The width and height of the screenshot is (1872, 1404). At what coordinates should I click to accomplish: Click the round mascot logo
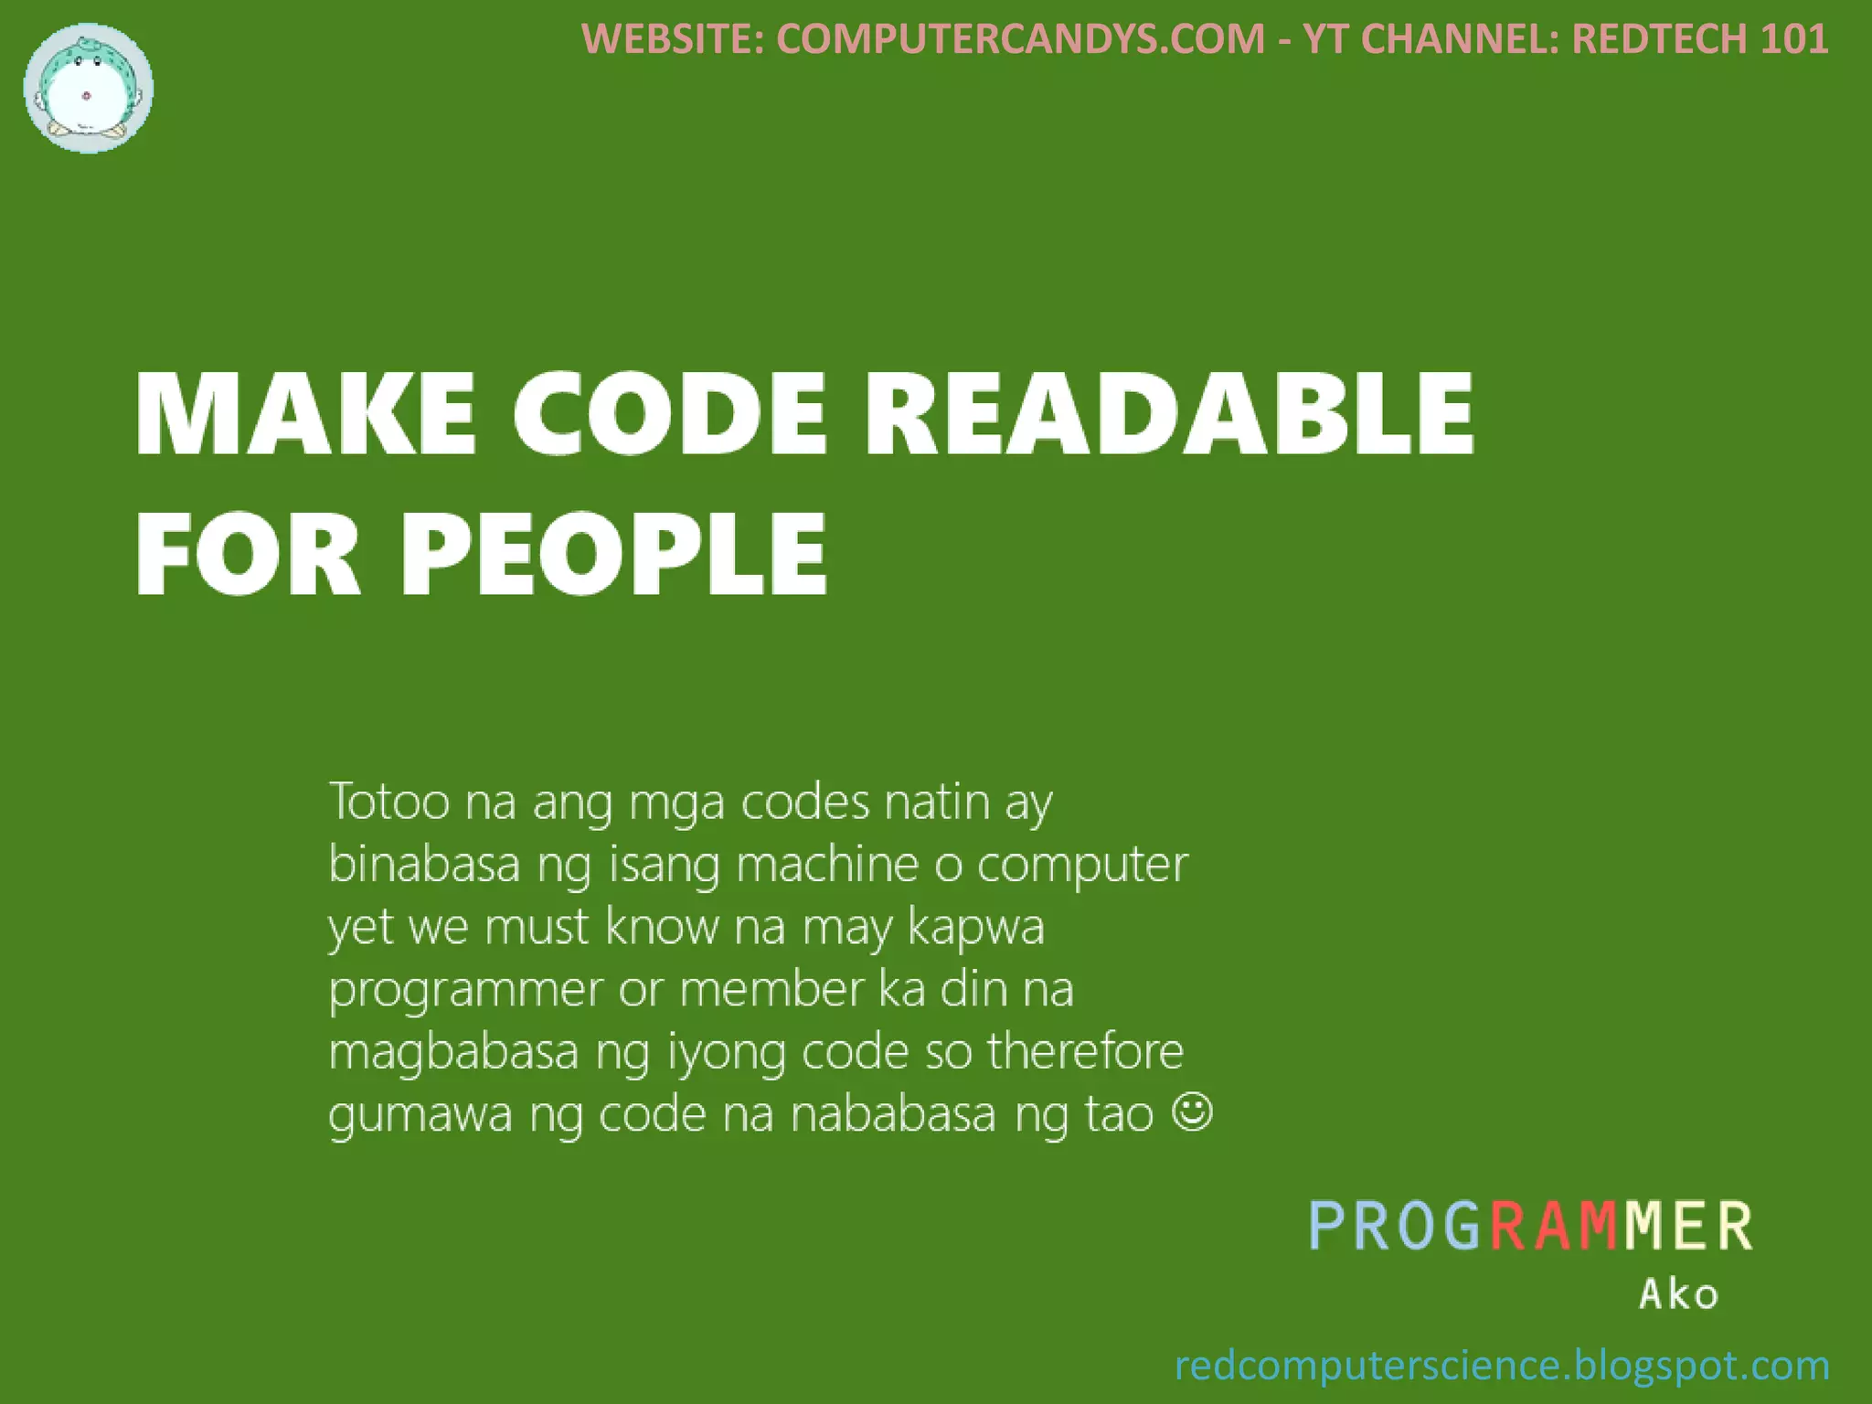(x=89, y=89)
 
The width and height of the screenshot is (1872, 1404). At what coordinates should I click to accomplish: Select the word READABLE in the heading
(x=1170, y=413)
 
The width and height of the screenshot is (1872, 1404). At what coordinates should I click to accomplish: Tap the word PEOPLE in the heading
(x=614, y=555)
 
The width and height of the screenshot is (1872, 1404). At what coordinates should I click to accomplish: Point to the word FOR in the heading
(x=249, y=555)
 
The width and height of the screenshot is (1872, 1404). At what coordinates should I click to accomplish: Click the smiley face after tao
(x=1192, y=1112)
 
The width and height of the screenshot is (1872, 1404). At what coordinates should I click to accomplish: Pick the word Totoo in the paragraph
(x=389, y=802)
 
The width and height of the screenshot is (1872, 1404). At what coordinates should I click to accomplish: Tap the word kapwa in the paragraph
(x=976, y=928)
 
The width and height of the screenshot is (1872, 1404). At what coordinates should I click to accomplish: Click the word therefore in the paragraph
(x=1085, y=1051)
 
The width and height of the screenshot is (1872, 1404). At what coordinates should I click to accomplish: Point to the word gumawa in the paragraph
(x=420, y=1115)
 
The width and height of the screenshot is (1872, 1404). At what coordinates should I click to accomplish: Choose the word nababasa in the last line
(x=893, y=1114)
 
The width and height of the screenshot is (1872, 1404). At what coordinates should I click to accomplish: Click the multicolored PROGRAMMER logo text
(x=1531, y=1226)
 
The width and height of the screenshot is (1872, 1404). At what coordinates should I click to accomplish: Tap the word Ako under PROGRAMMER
(x=1678, y=1294)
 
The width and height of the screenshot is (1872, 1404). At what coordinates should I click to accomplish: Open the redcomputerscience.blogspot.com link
(x=1502, y=1366)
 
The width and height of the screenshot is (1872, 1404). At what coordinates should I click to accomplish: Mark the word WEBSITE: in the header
(x=673, y=39)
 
